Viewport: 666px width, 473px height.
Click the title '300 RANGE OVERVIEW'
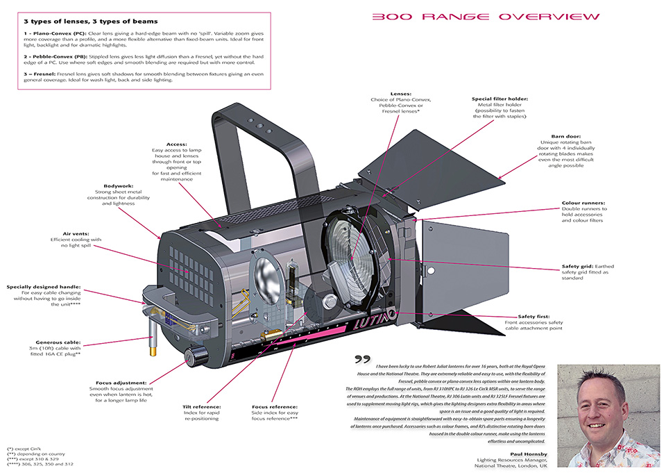pos(486,17)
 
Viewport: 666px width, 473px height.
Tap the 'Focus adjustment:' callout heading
pos(122,382)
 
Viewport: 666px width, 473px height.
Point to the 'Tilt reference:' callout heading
pos(201,406)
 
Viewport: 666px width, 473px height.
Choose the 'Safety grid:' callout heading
pos(577,266)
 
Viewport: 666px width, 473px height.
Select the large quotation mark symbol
pos(362,359)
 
